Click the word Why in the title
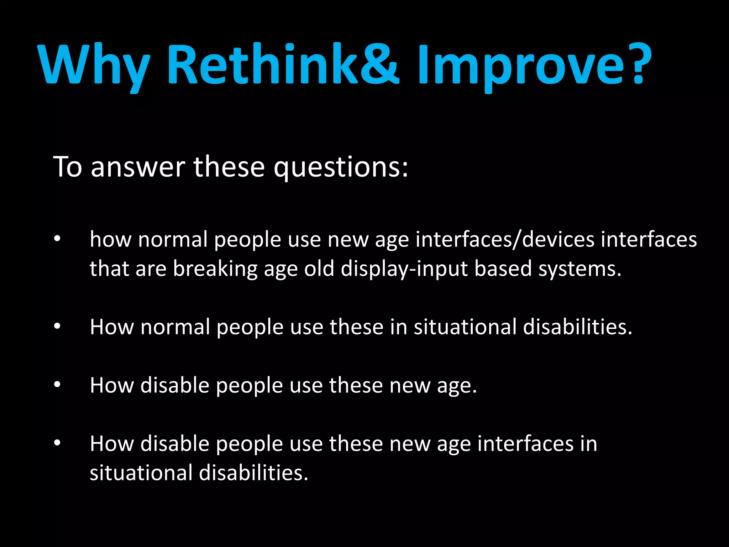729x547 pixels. coord(93,66)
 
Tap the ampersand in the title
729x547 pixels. coord(380,64)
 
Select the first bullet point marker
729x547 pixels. coord(57,239)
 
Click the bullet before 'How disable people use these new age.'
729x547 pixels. coord(57,385)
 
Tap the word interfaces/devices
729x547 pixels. coord(505,239)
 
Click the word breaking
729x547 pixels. coord(215,269)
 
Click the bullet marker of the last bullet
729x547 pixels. coord(57,443)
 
